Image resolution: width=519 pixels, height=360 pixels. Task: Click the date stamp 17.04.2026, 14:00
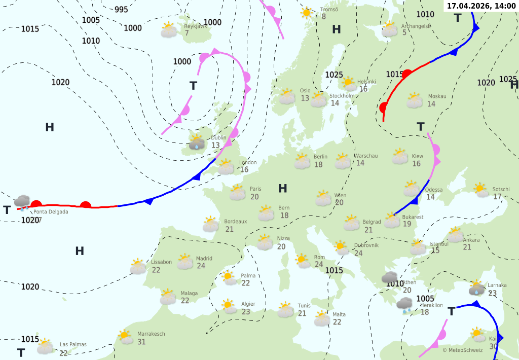coord(481,6)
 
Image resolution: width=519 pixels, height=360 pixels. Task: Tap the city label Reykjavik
coord(196,26)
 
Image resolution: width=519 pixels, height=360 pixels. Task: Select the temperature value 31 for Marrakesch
coord(141,342)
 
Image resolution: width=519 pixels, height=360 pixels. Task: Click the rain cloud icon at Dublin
coord(197,142)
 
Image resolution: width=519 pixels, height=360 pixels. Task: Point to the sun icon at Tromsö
coord(306,12)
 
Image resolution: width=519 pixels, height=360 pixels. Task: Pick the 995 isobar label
coord(121,10)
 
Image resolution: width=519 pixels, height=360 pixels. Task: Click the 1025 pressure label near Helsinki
coord(334,75)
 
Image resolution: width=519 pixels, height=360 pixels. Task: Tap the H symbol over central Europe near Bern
coord(283,189)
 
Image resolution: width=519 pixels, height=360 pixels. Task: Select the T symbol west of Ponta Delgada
coord(7,210)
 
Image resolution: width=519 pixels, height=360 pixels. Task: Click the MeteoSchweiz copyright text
coord(462,350)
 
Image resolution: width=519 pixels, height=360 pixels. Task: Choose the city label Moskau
coord(437,96)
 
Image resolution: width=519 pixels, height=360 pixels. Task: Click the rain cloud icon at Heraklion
coord(404,305)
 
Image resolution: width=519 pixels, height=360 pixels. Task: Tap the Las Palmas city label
coord(73,344)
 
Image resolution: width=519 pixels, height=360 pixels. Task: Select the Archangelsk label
coord(415,26)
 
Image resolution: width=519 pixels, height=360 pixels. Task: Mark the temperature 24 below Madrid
coord(201,266)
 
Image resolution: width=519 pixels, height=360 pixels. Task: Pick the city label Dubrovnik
coord(366,245)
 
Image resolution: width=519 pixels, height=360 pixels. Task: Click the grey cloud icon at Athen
coord(389,277)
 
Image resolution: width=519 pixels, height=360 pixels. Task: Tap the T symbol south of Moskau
coord(420,126)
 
